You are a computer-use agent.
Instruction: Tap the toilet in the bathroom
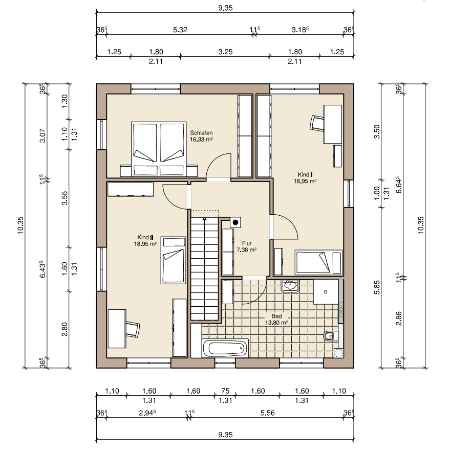point(331,336)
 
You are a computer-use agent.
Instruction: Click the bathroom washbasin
point(290,286)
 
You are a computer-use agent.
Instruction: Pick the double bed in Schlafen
point(159,149)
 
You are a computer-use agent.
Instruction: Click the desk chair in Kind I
point(317,123)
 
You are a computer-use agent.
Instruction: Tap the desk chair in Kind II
point(133,329)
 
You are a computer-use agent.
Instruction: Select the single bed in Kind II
point(173,260)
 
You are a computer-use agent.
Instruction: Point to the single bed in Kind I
point(319,262)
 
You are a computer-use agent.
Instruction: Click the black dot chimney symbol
point(235,222)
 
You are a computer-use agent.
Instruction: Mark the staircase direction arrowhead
point(205,218)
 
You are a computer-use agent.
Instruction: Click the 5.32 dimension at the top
point(180,30)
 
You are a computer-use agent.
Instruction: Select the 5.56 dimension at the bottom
point(267,413)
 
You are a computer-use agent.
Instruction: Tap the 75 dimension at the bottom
point(225,391)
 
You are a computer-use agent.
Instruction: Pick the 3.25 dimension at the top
point(225,52)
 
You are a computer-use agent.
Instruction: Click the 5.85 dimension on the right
point(377,287)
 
